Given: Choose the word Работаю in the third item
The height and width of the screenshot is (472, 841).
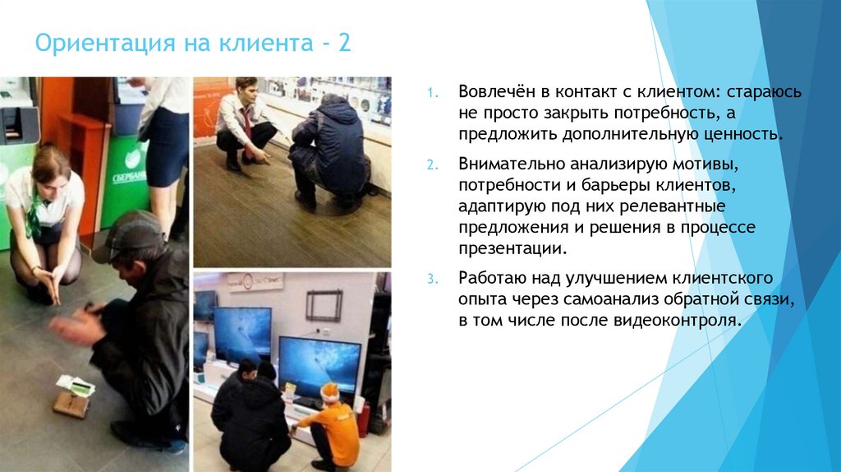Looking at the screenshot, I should (x=491, y=277).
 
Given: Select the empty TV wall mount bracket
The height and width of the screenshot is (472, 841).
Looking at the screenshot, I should (x=324, y=305).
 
